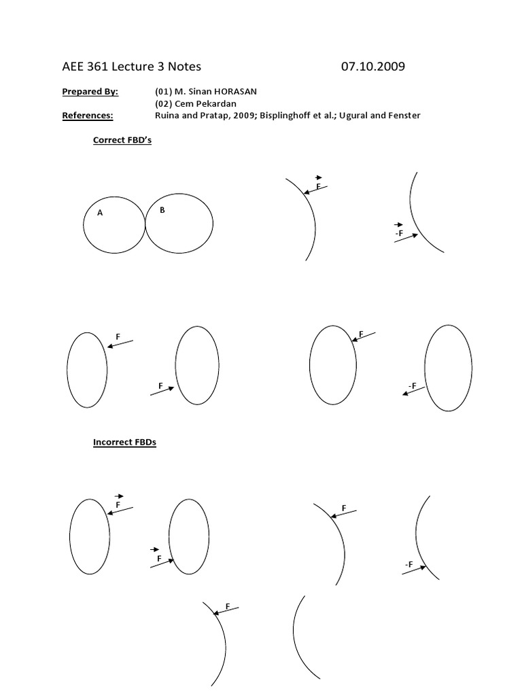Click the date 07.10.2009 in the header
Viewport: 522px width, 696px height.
pyautogui.click(x=373, y=67)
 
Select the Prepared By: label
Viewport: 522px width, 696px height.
pyautogui.click(x=90, y=91)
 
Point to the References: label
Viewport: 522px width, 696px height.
pyautogui.click(x=88, y=116)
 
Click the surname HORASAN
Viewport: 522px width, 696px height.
pyautogui.click(x=234, y=91)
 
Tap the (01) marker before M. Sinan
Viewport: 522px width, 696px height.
pyautogui.click(x=164, y=91)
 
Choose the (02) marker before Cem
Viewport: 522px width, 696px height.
pyautogui.click(x=164, y=103)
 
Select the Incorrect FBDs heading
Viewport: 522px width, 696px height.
pyautogui.click(x=124, y=442)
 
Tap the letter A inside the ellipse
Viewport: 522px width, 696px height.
pyautogui.click(x=100, y=213)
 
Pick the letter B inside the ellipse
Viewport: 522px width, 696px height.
pyautogui.click(x=162, y=210)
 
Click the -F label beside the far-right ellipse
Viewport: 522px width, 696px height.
pyautogui.click(x=412, y=386)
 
